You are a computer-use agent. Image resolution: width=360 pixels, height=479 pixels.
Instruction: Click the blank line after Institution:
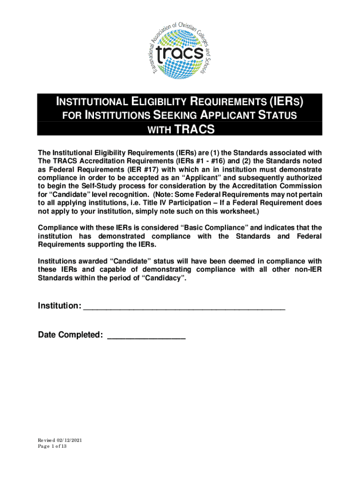click(x=184, y=306)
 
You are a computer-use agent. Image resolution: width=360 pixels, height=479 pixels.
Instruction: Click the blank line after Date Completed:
click(x=146, y=335)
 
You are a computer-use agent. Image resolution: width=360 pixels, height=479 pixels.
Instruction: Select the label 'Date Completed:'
click(x=71, y=335)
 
